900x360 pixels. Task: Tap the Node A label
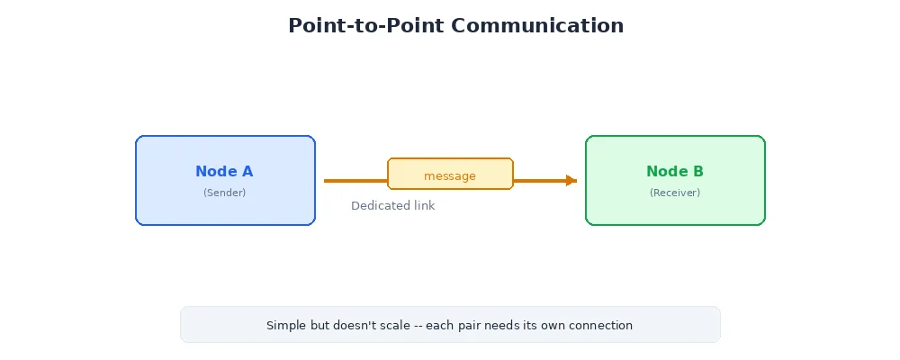pyautogui.click(x=224, y=172)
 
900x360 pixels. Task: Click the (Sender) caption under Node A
pyautogui.click(x=224, y=193)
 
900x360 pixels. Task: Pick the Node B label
pyautogui.click(x=675, y=172)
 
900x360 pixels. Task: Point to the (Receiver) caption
pyautogui.click(x=675, y=193)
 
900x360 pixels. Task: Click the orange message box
pyautogui.click(x=450, y=175)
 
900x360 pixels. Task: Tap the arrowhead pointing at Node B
pyautogui.click(x=571, y=181)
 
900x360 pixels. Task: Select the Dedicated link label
pyautogui.click(x=392, y=206)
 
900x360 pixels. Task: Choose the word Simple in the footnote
pyautogui.click(x=285, y=326)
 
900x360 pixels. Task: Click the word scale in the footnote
pyautogui.click(x=401, y=326)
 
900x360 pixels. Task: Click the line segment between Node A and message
pyautogui.click(x=355, y=181)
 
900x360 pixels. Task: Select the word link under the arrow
pyautogui.click(x=423, y=206)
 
